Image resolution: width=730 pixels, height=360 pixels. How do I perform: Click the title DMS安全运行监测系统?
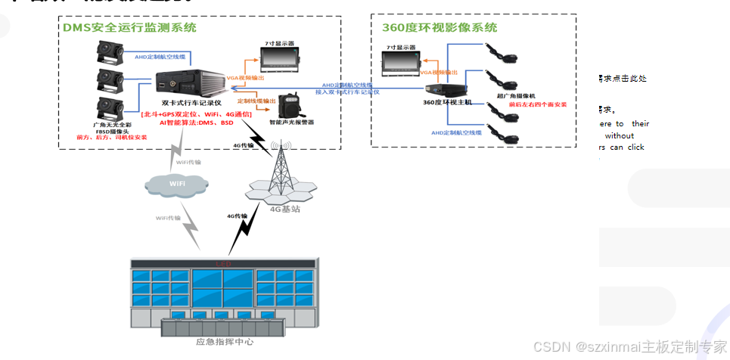129,28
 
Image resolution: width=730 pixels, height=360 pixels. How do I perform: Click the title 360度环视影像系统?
440,28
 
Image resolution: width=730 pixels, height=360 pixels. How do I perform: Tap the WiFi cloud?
176,184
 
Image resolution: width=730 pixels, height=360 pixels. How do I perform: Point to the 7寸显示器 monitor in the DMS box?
281,57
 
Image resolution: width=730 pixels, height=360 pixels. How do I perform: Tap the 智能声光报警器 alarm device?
291,106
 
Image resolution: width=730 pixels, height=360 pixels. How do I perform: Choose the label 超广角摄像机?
516,96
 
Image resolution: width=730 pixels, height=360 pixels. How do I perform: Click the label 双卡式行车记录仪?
191,102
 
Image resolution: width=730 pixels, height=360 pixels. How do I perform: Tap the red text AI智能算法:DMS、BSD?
196,122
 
